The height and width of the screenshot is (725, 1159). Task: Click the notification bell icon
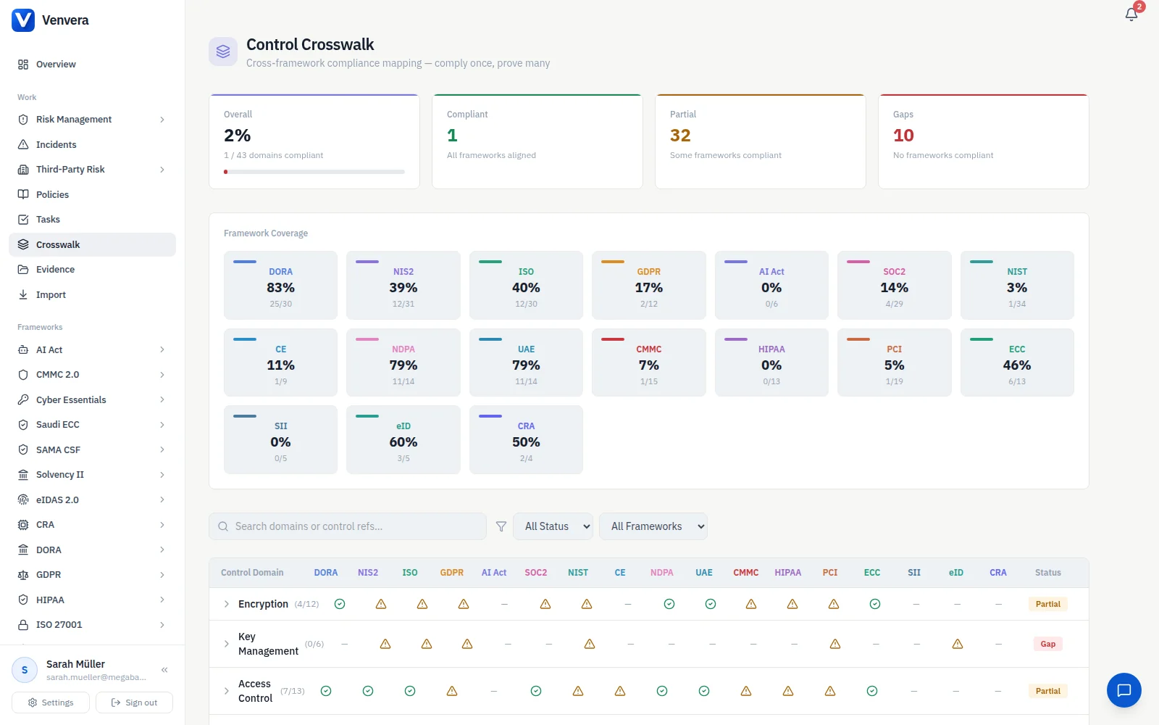[1131, 14]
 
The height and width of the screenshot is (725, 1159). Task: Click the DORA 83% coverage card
[280, 286]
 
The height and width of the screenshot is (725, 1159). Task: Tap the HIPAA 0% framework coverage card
[771, 362]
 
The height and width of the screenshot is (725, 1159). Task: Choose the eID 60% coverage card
[403, 439]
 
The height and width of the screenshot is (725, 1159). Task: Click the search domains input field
[348, 526]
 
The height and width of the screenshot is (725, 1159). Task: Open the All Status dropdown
[553, 526]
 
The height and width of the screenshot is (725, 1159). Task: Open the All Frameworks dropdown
[653, 526]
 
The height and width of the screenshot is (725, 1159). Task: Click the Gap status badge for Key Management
[1047, 644]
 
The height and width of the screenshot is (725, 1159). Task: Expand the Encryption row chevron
[226, 604]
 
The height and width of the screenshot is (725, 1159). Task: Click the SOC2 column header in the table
[535, 572]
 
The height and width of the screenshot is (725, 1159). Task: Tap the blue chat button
[1124, 690]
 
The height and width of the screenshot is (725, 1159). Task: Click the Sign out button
[134, 703]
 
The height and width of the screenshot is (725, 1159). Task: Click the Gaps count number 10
[903, 135]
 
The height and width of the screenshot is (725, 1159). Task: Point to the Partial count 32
[680, 135]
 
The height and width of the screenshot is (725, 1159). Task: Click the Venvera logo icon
[22, 20]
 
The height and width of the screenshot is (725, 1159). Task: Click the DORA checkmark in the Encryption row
[340, 604]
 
